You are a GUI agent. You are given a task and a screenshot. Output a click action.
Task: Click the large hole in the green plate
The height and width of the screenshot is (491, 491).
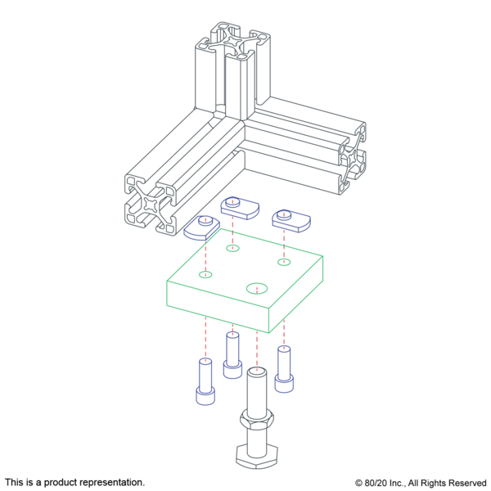257,288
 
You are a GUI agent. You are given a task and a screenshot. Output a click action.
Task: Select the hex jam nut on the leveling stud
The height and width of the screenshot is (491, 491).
257,420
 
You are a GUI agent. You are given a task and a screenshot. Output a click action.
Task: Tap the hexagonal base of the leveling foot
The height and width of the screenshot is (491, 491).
257,456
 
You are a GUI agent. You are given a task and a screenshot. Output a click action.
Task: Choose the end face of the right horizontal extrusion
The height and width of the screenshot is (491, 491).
354,159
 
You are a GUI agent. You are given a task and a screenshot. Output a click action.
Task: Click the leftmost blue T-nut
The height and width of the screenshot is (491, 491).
202,228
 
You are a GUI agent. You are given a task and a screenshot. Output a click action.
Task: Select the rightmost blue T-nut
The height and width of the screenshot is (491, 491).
291,222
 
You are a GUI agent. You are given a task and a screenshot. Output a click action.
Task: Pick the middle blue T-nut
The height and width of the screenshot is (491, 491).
240,208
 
